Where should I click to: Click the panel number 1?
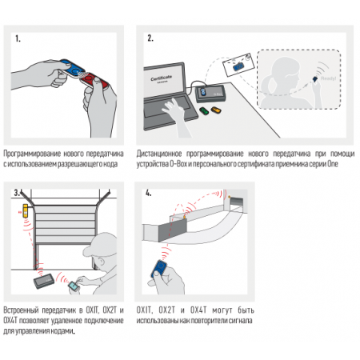(x=18, y=38)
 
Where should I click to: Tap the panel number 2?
(x=150, y=38)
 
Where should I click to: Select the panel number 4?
(x=148, y=193)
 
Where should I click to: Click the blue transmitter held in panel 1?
(x=71, y=69)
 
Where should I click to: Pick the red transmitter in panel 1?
(x=96, y=81)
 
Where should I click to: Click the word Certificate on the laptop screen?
(x=162, y=78)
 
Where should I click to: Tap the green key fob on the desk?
(x=205, y=110)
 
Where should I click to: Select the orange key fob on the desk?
(x=216, y=110)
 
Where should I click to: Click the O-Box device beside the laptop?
(x=211, y=93)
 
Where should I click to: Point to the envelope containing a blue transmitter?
(x=238, y=65)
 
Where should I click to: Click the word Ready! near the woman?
(x=328, y=78)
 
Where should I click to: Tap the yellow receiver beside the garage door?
(x=26, y=210)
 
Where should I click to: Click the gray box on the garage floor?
(x=44, y=281)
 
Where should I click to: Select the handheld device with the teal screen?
(x=74, y=286)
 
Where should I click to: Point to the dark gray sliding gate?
(x=173, y=229)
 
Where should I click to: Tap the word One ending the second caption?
(x=333, y=163)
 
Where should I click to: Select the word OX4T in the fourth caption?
(x=198, y=310)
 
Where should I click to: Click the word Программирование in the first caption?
(x=32, y=154)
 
